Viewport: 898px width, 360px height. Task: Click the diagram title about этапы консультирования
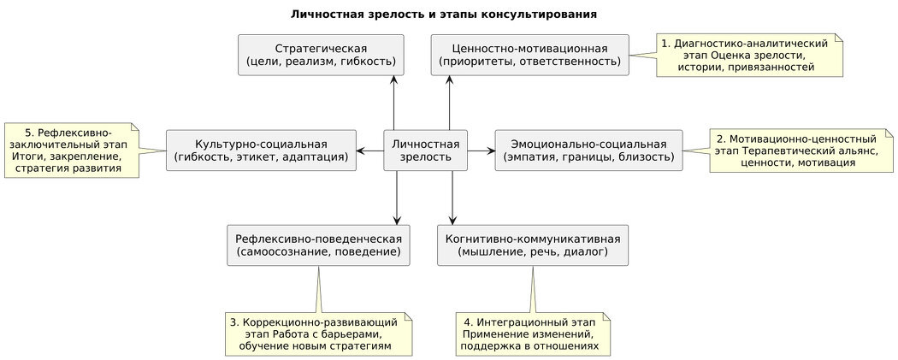(444, 15)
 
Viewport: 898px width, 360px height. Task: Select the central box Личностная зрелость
(424, 150)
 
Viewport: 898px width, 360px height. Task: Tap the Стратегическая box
(321, 55)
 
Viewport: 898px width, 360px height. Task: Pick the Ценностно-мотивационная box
(529, 55)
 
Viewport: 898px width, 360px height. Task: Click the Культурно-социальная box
(261, 150)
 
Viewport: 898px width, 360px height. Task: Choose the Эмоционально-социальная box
(588, 150)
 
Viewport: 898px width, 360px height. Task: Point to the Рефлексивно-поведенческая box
(318, 245)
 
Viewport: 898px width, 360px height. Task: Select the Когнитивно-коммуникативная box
(533, 245)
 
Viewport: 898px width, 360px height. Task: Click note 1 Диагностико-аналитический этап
(750, 55)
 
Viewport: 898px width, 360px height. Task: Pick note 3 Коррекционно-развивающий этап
(319, 334)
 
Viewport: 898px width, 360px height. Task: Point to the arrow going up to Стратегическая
(394, 103)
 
